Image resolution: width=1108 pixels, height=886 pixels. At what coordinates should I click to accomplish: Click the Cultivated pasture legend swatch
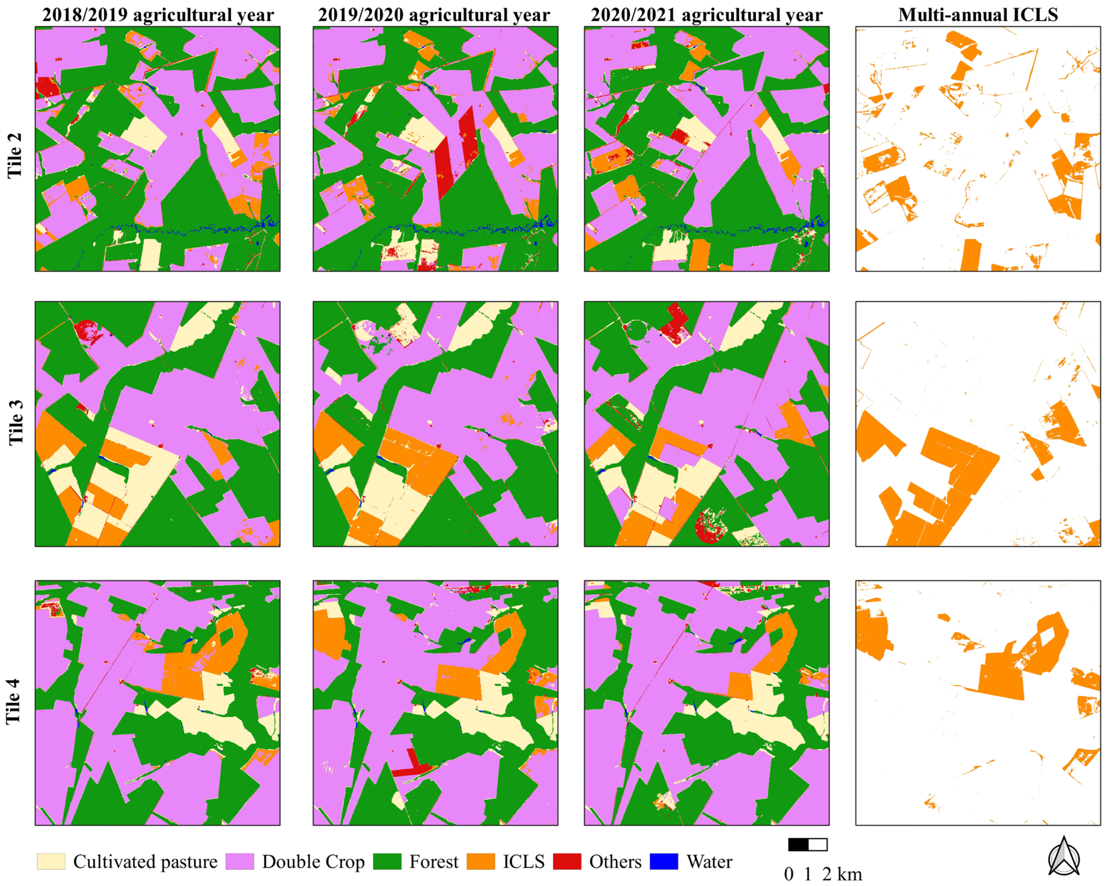[51, 861]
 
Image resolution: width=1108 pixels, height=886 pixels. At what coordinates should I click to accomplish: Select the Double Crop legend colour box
[239, 861]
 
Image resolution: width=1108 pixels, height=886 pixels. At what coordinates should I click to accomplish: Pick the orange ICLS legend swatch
[480, 861]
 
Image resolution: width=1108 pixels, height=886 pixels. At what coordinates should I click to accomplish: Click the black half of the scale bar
[798, 844]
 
